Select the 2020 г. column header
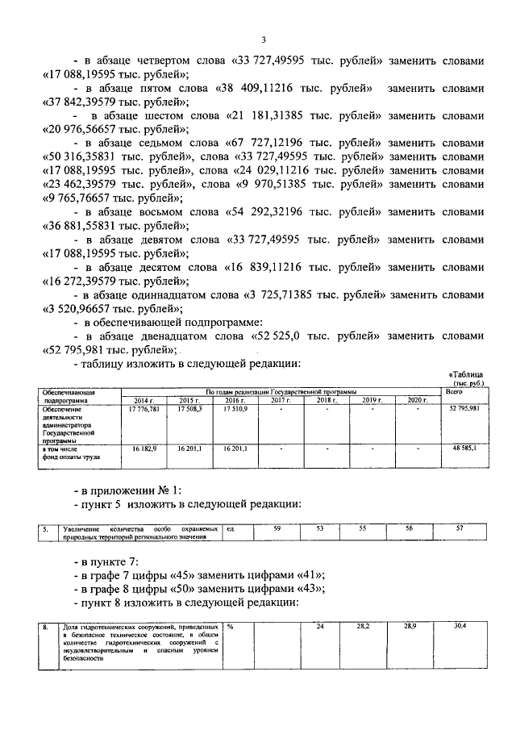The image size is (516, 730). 417,400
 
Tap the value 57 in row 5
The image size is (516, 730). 460,528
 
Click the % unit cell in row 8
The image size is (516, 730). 231,626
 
